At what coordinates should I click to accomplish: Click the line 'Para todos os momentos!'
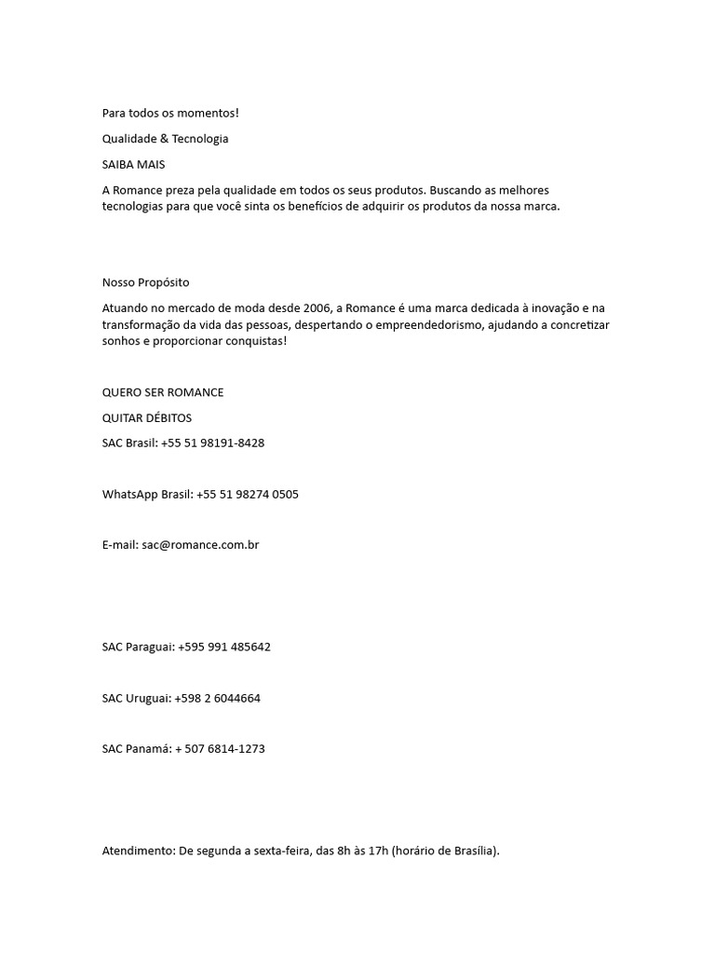[170, 113]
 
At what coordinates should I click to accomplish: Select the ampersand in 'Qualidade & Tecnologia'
[163, 139]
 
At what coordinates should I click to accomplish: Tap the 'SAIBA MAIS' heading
[133, 164]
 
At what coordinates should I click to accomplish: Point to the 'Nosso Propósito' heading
[145, 282]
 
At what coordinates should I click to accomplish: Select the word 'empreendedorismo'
[375, 324]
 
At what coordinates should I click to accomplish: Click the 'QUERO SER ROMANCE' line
[163, 392]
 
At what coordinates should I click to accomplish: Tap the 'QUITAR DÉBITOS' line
[147, 417]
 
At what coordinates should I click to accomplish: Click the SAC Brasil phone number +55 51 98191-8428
[212, 443]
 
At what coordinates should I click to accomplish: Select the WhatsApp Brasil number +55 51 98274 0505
[247, 494]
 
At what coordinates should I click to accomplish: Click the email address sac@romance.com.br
[200, 545]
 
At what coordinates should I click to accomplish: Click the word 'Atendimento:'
[137, 851]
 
